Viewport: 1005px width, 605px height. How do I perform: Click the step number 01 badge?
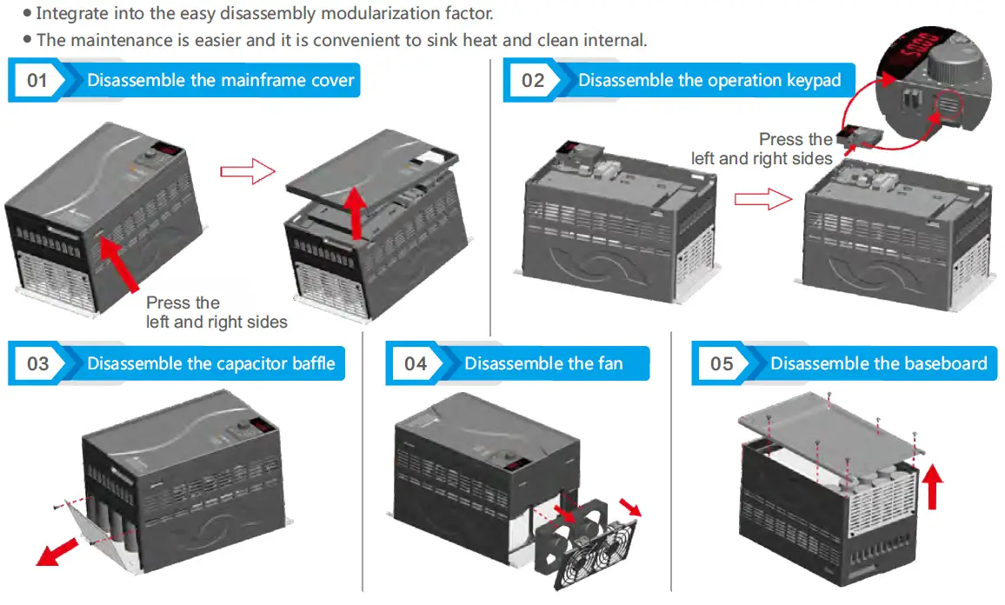pos(37,81)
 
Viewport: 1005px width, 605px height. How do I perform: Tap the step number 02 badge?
pos(532,81)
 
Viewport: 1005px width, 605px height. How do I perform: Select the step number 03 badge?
pos(37,363)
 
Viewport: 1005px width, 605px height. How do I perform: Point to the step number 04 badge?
pos(416,363)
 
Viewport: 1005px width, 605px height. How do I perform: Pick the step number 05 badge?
pos(722,363)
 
